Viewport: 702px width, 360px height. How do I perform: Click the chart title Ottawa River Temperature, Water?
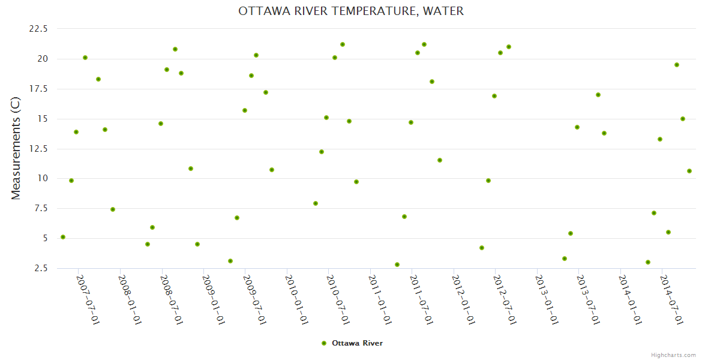pyautogui.click(x=351, y=11)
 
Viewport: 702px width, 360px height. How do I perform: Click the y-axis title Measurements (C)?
pyautogui.click(x=16, y=148)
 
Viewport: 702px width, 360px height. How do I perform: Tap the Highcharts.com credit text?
pyautogui.click(x=673, y=355)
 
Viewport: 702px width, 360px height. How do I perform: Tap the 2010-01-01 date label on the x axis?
pyautogui.click(x=297, y=299)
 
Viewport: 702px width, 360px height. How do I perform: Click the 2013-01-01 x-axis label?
pyautogui.click(x=547, y=299)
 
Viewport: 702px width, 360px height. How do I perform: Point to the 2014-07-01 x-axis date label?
pyautogui.click(x=672, y=299)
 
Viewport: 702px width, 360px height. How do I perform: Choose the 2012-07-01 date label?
pyautogui.click(x=505, y=299)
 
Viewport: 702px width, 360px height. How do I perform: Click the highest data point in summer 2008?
pyautogui.click(x=175, y=49)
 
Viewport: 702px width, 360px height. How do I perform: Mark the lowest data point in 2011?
pyautogui.click(x=397, y=265)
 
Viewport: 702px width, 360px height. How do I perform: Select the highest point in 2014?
pyautogui.click(x=677, y=65)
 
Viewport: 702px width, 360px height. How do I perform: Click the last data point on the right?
pyautogui.click(x=689, y=171)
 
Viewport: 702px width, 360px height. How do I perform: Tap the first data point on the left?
pyautogui.click(x=63, y=237)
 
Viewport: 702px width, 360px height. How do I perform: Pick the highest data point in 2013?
pyautogui.click(x=598, y=95)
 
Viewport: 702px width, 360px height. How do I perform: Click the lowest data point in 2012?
pyautogui.click(x=482, y=248)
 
